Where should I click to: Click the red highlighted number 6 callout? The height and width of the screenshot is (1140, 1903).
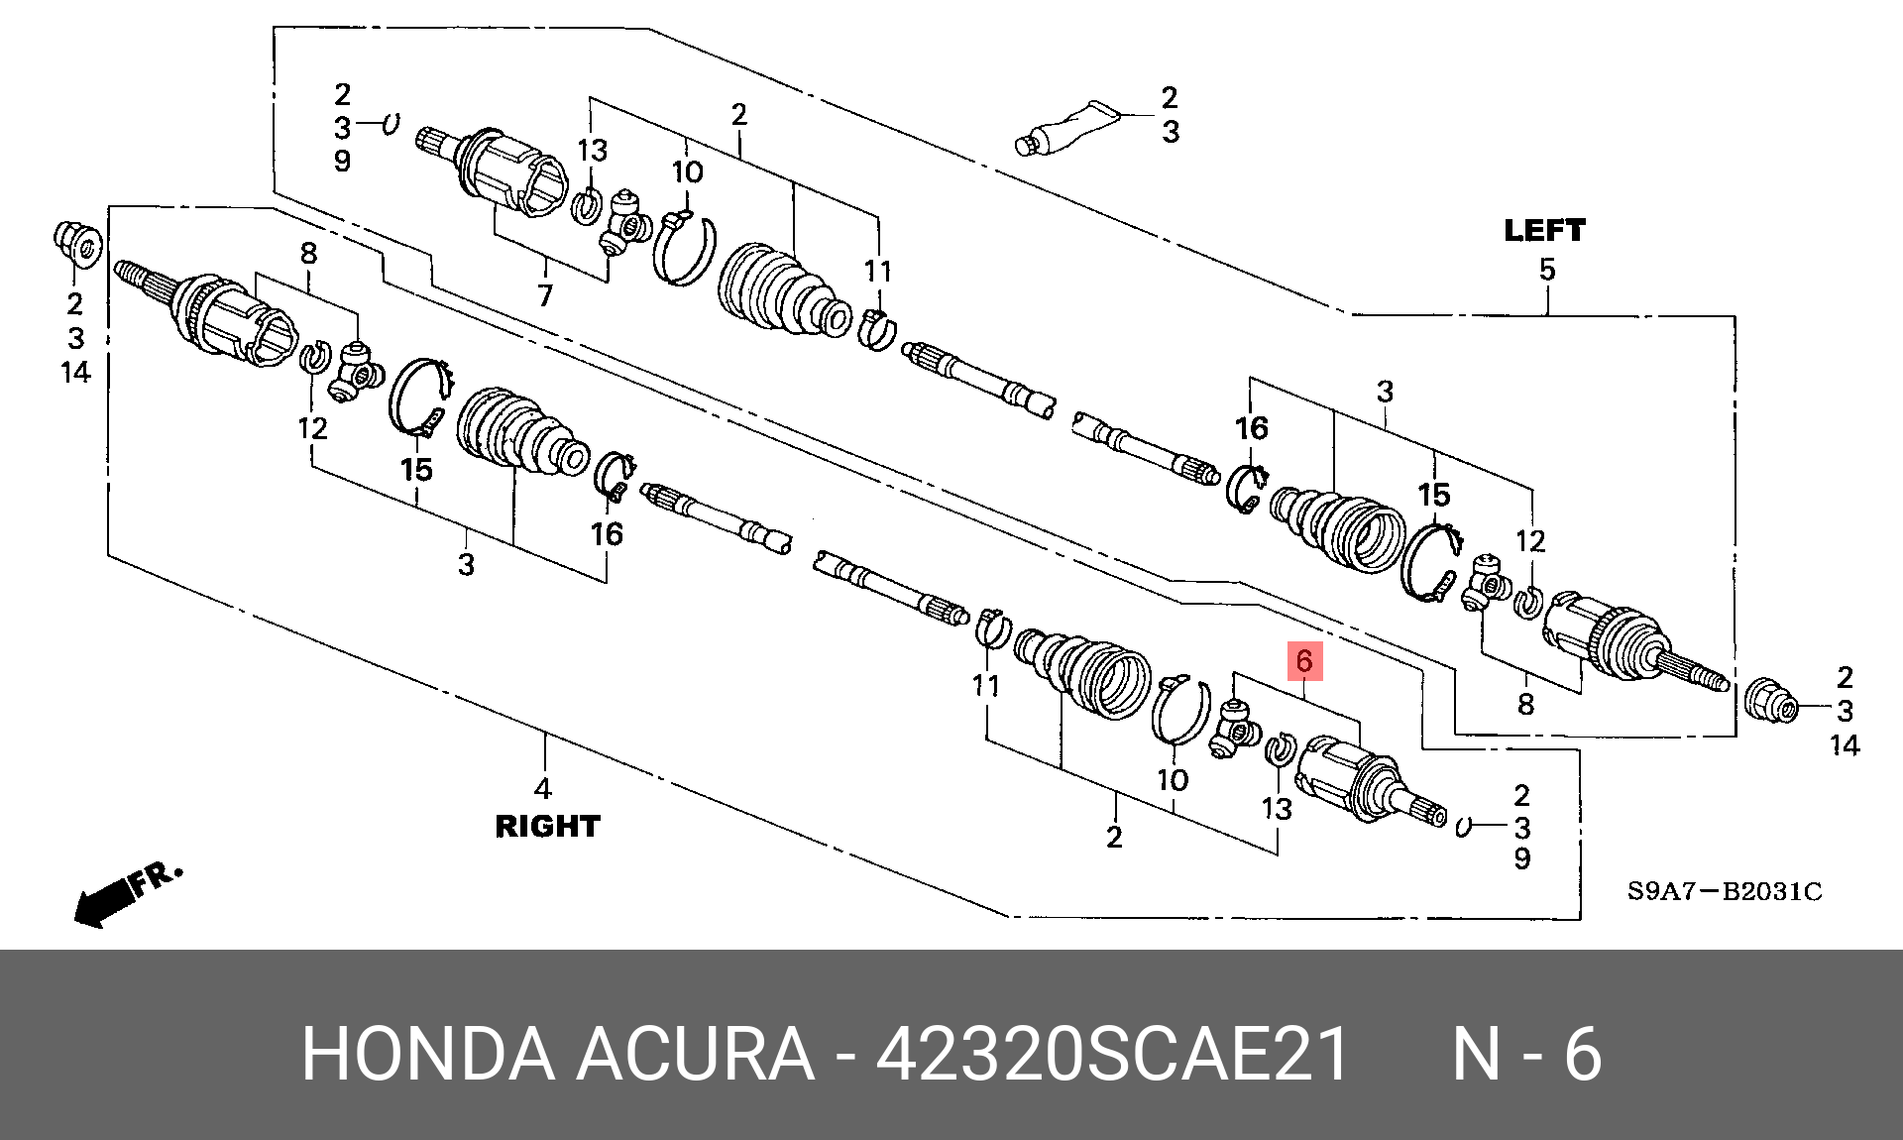(1304, 661)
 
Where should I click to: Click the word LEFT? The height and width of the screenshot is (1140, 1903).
(1544, 231)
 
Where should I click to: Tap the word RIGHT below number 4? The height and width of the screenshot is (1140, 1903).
(547, 827)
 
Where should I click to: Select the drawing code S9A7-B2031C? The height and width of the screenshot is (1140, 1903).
(1725, 891)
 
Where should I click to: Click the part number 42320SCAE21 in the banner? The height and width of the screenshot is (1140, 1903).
(1112, 1054)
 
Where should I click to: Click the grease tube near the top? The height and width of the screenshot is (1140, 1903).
(1066, 128)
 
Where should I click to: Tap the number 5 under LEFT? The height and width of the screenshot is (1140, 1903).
(1547, 269)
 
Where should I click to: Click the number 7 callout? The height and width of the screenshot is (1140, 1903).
(545, 294)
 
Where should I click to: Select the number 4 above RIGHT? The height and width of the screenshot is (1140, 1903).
(543, 789)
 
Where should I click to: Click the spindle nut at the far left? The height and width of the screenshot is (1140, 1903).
(77, 244)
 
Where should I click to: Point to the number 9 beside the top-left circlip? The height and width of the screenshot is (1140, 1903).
(342, 161)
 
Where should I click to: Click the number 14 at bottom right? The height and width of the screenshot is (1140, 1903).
(1845, 745)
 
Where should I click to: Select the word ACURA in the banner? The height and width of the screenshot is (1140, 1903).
(696, 1054)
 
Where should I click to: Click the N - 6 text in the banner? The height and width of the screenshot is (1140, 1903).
(1527, 1054)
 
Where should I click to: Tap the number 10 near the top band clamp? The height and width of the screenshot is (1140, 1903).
(688, 172)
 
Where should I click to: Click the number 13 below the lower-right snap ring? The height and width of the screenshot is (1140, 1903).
(1277, 810)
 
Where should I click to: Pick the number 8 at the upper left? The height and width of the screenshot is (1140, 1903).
(309, 254)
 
